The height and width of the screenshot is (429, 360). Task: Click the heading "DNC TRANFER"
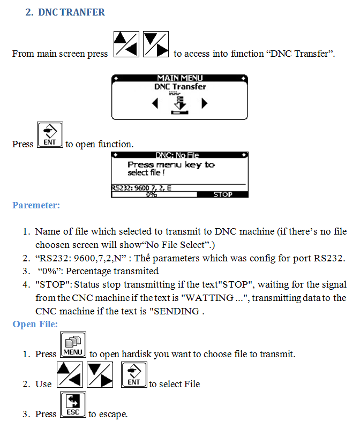click(71, 12)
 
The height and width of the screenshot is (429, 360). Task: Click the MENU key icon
click(73, 345)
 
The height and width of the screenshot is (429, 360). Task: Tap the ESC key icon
click(73, 405)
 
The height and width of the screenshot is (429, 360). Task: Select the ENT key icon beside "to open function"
click(50, 134)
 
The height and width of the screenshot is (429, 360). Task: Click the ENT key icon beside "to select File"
click(134, 374)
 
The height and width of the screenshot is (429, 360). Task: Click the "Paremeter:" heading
click(36, 205)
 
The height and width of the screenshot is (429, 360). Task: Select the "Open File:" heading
click(35, 324)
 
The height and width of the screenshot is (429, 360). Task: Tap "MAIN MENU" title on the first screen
click(180, 78)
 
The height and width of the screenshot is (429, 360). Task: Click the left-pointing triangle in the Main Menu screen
click(155, 103)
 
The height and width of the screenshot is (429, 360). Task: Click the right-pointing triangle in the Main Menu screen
click(204, 103)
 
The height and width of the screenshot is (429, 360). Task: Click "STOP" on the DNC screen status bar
click(223, 194)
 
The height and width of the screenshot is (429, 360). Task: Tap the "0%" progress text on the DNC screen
click(151, 194)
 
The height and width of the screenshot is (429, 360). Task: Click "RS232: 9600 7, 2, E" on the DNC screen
click(141, 188)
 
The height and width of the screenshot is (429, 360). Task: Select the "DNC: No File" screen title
click(177, 155)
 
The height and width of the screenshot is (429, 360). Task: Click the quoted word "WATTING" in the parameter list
click(209, 298)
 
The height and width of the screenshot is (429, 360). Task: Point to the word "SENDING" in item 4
click(177, 311)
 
